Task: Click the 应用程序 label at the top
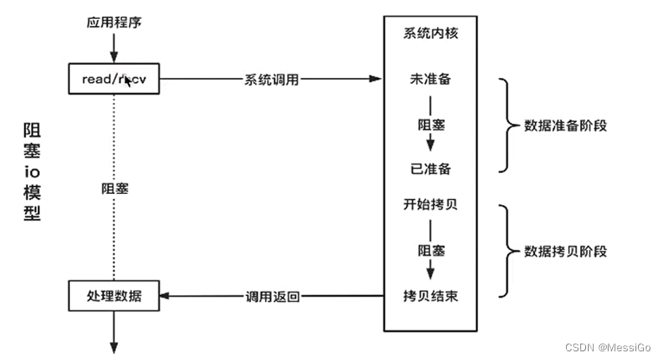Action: click(x=113, y=21)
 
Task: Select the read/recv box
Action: click(x=113, y=79)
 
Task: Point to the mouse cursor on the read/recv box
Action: click(x=129, y=80)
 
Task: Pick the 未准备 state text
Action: click(x=429, y=79)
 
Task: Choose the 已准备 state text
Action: click(x=429, y=168)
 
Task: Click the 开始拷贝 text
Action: click(x=429, y=205)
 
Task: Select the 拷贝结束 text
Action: click(x=429, y=296)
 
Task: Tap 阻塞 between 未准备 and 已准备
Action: click(x=429, y=124)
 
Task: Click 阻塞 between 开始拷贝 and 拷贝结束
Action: click(x=429, y=251)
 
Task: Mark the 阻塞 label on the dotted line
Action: click(x=114, y=188)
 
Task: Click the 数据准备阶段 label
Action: click(x=566, y=125)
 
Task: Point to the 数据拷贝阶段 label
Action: click(x=566, y=251)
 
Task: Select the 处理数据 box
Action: click(x=113, y=297)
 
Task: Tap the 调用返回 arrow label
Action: click(x=272, y=297)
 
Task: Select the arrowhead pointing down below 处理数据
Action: click(x=113, y=346)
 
